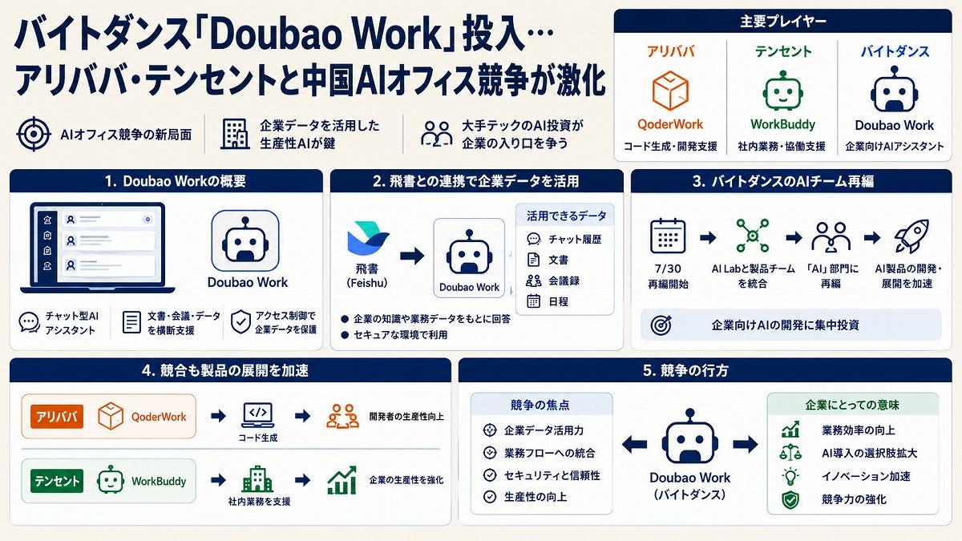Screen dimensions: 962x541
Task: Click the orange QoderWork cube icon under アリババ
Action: pyautogui.click(x=670, y=91)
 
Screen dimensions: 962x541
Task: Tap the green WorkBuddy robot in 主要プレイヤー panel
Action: pyautogui.click(x=783, y=91)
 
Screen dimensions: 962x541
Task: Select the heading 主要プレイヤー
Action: pyautogui.click(x=783, y=22)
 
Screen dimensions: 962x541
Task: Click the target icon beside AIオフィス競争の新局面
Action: pyautogui.click(x=34, y=134)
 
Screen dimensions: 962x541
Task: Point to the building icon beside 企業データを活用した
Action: pyautogui.click(x=236, y=134)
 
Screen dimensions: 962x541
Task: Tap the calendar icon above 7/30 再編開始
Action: pyautogui.click(x=668, y=236)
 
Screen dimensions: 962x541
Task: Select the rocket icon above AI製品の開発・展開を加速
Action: pyautogui.click(x=911, y=236)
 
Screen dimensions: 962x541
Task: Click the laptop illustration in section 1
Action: pyautogui.click(x=98, y=248)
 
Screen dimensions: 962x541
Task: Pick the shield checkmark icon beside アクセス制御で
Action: pyautogui.click(x=240, y=322)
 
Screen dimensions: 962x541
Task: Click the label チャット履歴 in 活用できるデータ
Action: pyautogui.click(x=575, y=239)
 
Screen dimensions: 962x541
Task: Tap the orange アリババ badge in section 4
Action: pyautogui.click(x=57, y=417)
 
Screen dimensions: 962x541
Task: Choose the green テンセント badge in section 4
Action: pyautogui.click(x=57, y=481)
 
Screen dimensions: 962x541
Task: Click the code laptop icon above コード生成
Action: pyautogui.click(x=257, y=415)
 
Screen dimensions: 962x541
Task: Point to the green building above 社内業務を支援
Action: pyautogui.click(x=257, y=478)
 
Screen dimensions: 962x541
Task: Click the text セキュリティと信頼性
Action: pyautogui.click(x=552, y=475)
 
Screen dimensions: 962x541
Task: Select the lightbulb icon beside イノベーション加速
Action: pyautogui.click(x=790, y=477)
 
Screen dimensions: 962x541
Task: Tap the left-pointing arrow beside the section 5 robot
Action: pyautogui.click(x=634, y=444)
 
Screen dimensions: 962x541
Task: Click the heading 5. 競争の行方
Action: pyautogui.click(x=685, y=370)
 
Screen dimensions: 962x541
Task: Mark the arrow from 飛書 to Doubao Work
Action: pyautogui.click(x=412, y=256)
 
